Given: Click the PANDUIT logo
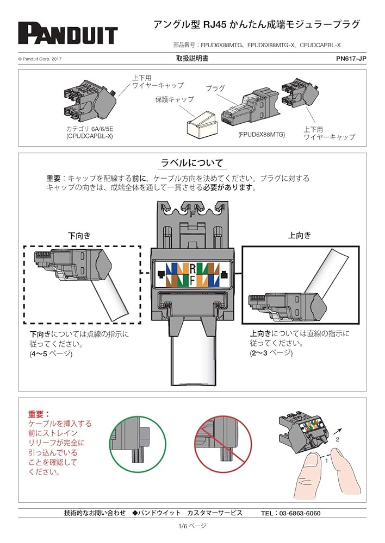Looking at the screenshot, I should click(x=67, y=34).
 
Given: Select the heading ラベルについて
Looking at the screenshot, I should click(x=192, y=163).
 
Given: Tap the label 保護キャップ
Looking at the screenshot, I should click(x=174, y=100).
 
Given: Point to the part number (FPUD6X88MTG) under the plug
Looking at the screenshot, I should click(x=261, y=134).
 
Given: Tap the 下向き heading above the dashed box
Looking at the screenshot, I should click(x=79, y=236).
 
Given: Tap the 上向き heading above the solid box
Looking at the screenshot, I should click(x=300, y=235).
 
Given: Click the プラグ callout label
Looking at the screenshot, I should click(x=215, y=88).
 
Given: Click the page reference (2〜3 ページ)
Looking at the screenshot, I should click(x=271, y=353).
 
